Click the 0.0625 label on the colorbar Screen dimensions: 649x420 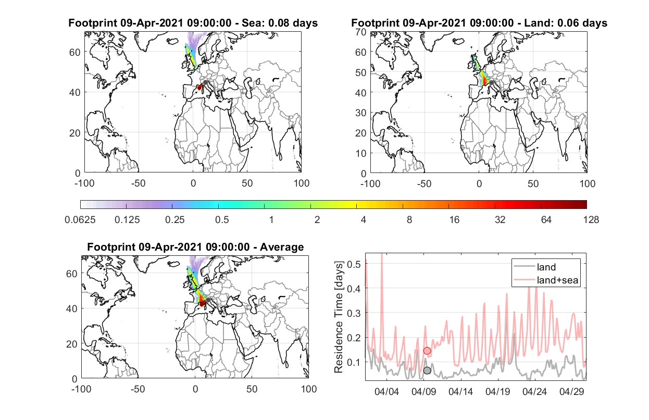(x=80, y=220)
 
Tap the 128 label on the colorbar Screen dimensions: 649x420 (x=591, y=220)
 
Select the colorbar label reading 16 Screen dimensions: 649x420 (x=454, y=220)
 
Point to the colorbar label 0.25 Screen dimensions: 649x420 (x=174, y=220)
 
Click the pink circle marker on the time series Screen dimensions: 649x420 (x=427, y=351)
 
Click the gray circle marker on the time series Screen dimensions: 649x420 (x=427, y=370)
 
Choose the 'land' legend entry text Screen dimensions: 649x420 (x=546, y=267)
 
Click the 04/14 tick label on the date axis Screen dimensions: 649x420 (x=460, y=391)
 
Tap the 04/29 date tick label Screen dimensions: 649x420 (x=571, y=391)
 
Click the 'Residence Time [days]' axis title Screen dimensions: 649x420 (x=339, y=317)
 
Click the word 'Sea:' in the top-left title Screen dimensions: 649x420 (x=252, y=23)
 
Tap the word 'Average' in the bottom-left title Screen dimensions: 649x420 (x=282, y=247)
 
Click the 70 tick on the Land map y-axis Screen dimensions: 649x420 (x=361, y=32)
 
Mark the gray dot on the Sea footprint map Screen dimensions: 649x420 (x=205, y=82)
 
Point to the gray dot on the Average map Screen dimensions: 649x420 (x=208, y=300)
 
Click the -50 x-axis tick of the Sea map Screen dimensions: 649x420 (x=138, y=183)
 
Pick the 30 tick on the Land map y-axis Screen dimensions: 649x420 (x=361, y=113)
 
